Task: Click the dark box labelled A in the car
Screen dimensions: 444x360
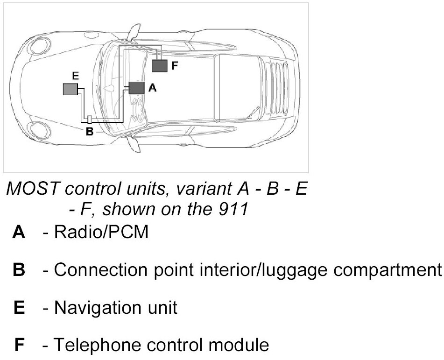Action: (x=137, y=88)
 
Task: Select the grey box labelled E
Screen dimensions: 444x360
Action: (x=70, y=89)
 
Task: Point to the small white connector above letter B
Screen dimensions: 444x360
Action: (x=90, y=119)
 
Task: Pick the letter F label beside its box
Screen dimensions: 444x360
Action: (x=175, y=66)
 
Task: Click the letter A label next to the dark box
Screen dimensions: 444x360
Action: (x=151, y=88)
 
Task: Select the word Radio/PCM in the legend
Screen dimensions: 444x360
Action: (x=101, y=232)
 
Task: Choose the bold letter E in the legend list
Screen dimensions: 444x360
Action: (x=19, y=308)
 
